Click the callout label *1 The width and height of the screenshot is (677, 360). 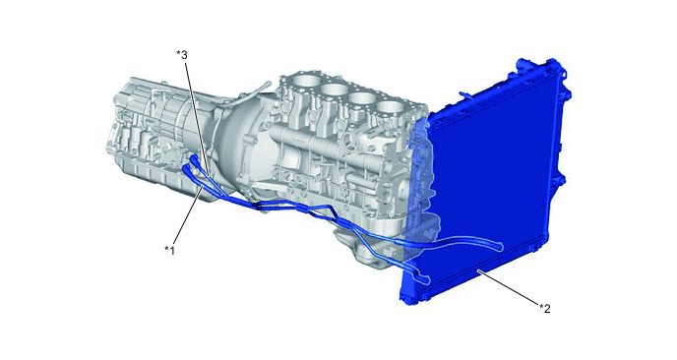coord(169,250)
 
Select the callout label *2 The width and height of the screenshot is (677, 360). coord(544,308)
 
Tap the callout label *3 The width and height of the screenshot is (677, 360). coord(182,55)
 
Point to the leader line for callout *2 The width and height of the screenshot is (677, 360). coord(508,288)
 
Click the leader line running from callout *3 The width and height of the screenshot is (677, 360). coord(197,119)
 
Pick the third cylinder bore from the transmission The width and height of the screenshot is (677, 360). coord(361,100)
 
